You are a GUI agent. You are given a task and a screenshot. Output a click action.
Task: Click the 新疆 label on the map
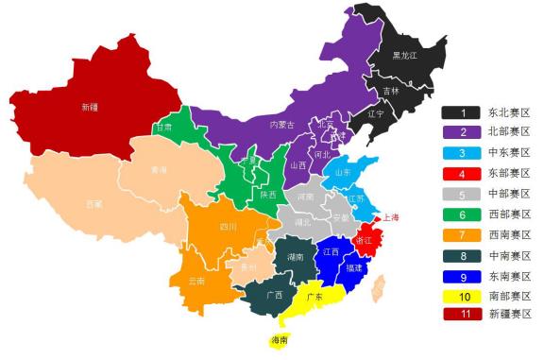pyautogui.click(x=90, y=107)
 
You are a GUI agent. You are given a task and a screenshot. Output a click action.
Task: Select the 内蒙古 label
pyautogui.click(x=282, y=125)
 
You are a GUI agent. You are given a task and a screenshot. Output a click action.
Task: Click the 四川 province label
pyautogui.click(x=228, y=227)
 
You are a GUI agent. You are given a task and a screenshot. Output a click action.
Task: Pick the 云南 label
pyautogui.click(x=196, y=281)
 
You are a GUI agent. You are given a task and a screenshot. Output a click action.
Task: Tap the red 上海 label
pyautogui.click(x=388, y=217)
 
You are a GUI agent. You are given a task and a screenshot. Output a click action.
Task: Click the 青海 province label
pyautogui.click(x=159, y=171)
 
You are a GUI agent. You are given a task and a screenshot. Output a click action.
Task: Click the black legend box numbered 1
pyautogui.click(x=463, y=111)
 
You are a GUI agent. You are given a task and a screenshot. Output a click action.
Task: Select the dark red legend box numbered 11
pyautogui.click(x=463, y=314)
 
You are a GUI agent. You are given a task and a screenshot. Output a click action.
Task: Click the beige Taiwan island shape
pyautogui.click(x=381, y=285)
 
